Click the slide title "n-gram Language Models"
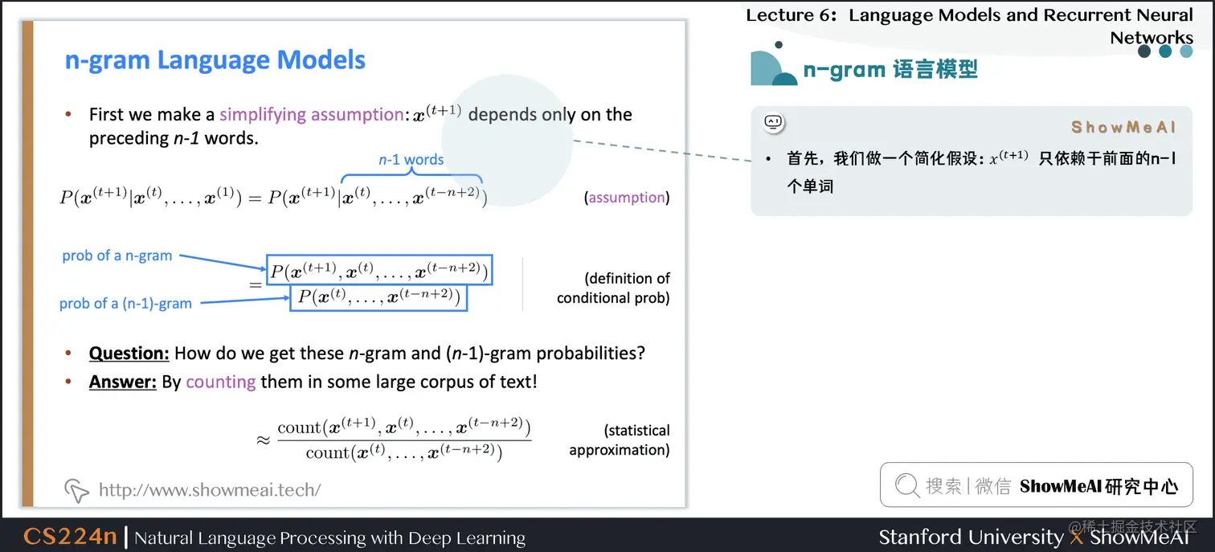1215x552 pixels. click(215, 60)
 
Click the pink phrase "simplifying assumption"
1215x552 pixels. click(311, 114)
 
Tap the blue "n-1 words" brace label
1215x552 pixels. click(411, 159)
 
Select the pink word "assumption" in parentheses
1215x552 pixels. click(627, 197)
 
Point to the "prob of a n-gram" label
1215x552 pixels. click(117, 256)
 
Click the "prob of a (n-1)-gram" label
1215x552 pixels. click(125, 303)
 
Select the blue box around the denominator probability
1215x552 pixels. click(378, 297)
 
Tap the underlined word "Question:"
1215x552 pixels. click(129, 353)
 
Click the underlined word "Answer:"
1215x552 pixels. click(122, 382)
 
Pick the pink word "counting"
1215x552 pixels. click(221, 382)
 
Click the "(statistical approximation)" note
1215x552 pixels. click(620, 440)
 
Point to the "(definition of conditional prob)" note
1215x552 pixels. click(614, 288)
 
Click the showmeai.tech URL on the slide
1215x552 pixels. click(210, 489)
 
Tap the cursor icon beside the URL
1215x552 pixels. click(76, 489)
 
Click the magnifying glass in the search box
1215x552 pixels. click(906, 485)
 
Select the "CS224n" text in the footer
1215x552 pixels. click(70, 536)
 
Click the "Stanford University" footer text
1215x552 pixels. click(971, 536)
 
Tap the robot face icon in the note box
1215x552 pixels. click(773, 122)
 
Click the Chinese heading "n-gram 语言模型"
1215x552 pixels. click(890, 69)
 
